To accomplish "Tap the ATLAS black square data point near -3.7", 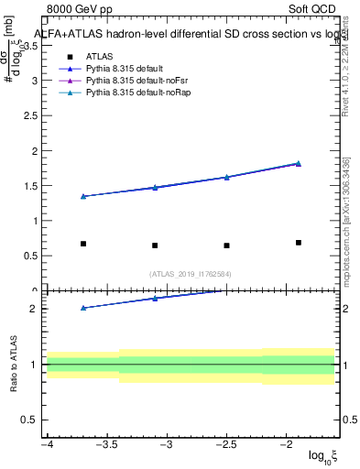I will pyautogui.click(x=83, y=244).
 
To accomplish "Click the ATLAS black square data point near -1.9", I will pyautogui.click(x=299, y=243).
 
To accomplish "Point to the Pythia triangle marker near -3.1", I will pyautogui.click(x=155, y=187).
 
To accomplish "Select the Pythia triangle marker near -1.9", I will pyautogui.click(x=299, y=163).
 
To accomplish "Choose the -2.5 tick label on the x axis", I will pyautogui.click(x=226, y=445).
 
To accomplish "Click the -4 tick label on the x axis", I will pyautogui.click(x=47, y=445).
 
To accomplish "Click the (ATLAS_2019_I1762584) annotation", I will pyautogui.click(x=191, y=273).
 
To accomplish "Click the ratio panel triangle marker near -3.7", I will pyautogui.click(x=83, y=308).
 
